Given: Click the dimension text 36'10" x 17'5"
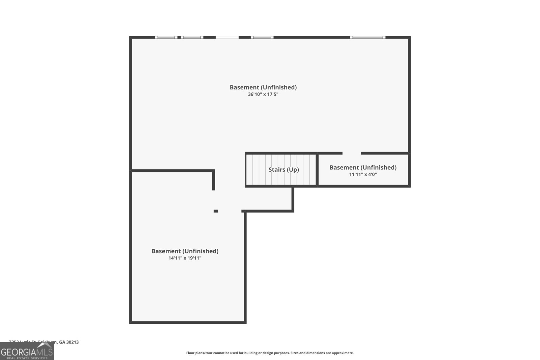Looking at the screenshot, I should point(263,94).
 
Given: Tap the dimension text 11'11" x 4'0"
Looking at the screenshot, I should point(363,174).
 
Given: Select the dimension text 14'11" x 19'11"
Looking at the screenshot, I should point(185,258).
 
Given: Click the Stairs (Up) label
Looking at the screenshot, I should point(283,169).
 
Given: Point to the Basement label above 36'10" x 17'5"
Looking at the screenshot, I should point(263,87).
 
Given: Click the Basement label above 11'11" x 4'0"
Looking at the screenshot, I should point(363,167).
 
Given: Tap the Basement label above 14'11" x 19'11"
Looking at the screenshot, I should point(185,251).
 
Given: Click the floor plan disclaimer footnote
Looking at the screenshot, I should point(270,353).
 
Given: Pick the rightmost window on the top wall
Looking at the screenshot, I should point(368,37).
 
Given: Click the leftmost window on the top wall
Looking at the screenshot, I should point(166,37).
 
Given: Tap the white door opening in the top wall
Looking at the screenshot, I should point(227,37).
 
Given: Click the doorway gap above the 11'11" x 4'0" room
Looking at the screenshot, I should point(352,153).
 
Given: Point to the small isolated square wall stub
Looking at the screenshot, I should point(216,211).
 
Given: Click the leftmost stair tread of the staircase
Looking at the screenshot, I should point(249,169).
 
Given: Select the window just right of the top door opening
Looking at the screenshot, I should point(262,37).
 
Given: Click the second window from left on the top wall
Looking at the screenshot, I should point(192,37).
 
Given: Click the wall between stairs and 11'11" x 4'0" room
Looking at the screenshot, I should point(317,169).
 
